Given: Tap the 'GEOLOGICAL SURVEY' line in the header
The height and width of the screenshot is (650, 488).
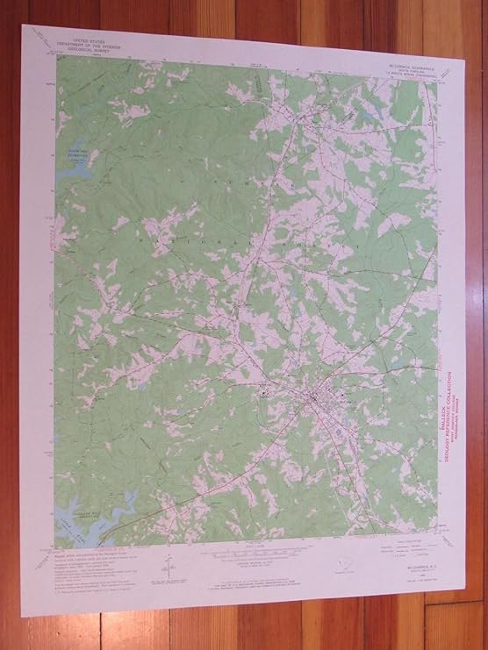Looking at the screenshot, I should pos(95,52).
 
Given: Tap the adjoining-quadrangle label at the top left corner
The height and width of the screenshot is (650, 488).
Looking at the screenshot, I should pos(42,37).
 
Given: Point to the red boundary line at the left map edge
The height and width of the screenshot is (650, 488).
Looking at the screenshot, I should pos(59,263).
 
